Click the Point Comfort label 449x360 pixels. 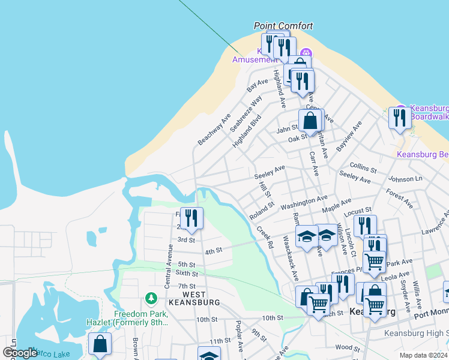click(283, 26)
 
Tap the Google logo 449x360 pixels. click(20, 352)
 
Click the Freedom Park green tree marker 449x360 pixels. click(152, 298)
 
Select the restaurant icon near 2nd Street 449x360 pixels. click(192, 218)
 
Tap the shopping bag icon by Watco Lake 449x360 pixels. click(100, 344)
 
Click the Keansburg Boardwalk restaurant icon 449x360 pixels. click(399, 118)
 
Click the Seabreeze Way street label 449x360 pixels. click(248, 111)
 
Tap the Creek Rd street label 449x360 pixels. click(265, 237)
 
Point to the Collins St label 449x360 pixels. click(363, 169)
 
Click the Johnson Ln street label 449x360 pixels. click(405, 179)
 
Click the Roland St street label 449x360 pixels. click(262, 208)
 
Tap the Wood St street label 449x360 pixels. click(347, 347)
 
